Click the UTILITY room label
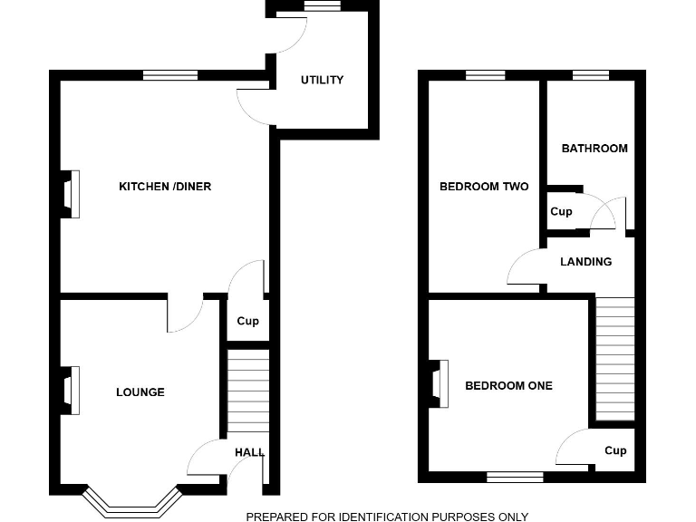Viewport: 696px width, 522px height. pyautogui.click(x=322, y=80)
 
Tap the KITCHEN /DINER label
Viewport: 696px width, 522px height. pyautogui.click(x=165, y=187)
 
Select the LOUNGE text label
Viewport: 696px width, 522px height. pyautogui.click(x=140, y=392)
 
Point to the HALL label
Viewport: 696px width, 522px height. pyautogui.click(x=249, y=452)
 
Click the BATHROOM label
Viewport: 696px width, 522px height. pyautogui.click(x=594, y=149)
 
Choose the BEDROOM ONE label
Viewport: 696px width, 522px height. pyautogui.click(x=508, y=385)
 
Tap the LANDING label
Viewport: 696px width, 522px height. pyautogui.click(x=585, y=262)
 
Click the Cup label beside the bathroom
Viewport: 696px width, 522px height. pyautogui.click(x=561, y=212)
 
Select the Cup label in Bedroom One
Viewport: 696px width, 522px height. pyautogui.click(x=615, y=450)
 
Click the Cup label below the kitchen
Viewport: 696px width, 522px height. pyautogui.click(x=247, y=321)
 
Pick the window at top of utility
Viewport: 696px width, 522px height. pyautogui.click(x=322, y=6)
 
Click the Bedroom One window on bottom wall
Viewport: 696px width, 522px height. pyautogui.click(x=515, y=476)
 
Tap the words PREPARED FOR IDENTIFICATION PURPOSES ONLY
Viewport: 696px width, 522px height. pyautogui.click(x=387, y=517)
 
